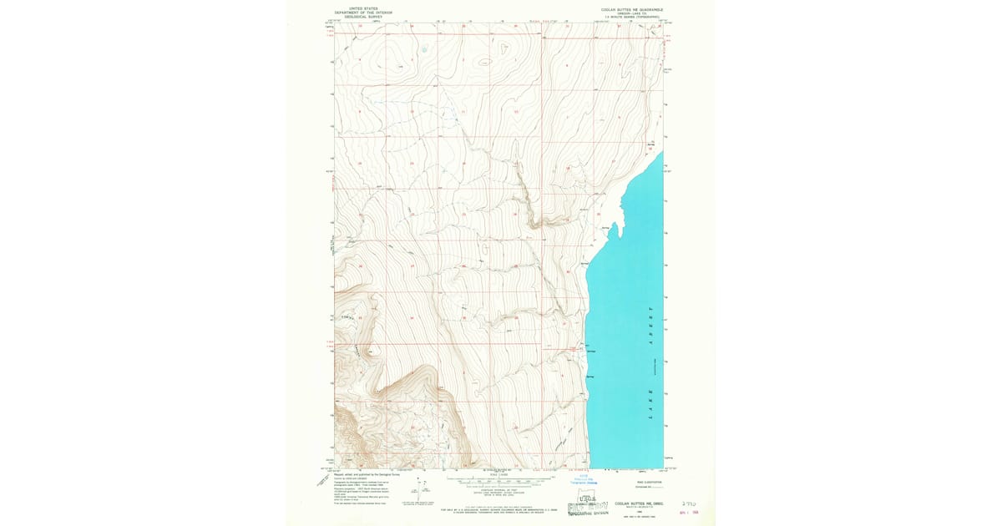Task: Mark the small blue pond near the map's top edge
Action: pyautogui.click(x=424, y=49)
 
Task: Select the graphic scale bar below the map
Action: pyautogui.click(x=501, y=480)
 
